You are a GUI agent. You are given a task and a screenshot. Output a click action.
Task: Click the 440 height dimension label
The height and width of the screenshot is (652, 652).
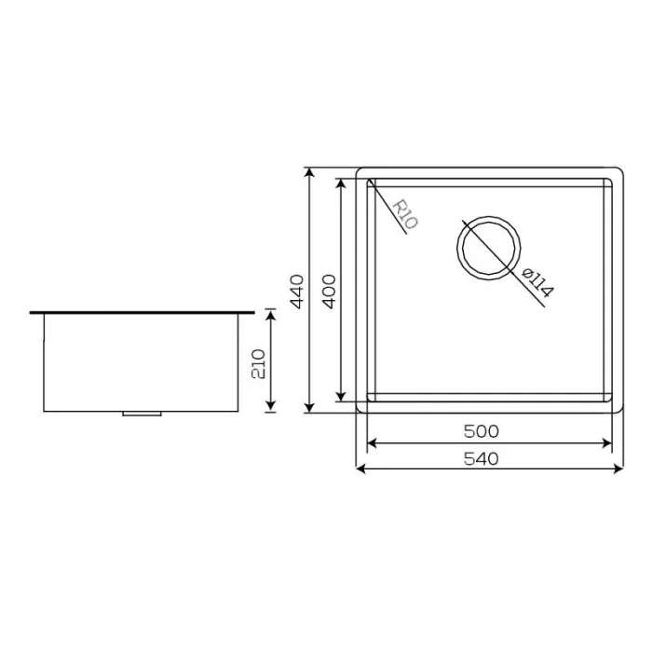(x=297, y=291)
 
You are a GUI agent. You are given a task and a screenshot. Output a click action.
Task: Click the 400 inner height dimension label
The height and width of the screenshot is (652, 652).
(x=329, y=291)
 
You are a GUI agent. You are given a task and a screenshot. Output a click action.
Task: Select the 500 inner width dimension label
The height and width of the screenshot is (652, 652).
(x=482, y=431)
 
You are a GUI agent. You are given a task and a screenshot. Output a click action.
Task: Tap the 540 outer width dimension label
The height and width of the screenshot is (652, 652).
(x=482, y=457)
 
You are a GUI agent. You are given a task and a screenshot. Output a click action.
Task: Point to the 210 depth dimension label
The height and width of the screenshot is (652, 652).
(x=259, y=360)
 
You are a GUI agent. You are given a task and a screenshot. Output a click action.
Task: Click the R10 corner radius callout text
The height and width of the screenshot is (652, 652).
(x=405, y=214)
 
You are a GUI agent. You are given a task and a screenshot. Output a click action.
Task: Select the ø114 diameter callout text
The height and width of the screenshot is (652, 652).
(x=537, y=282)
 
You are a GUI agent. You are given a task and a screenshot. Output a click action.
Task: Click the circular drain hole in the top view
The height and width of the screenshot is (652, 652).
(x=487, y=247)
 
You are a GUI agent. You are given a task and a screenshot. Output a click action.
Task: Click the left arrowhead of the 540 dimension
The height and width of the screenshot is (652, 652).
(x=362, y=469)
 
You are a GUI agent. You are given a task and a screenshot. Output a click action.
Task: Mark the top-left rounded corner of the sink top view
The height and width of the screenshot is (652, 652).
(x=361, y=173)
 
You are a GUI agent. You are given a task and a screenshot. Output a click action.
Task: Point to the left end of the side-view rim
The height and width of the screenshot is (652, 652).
(x=33, y=313)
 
